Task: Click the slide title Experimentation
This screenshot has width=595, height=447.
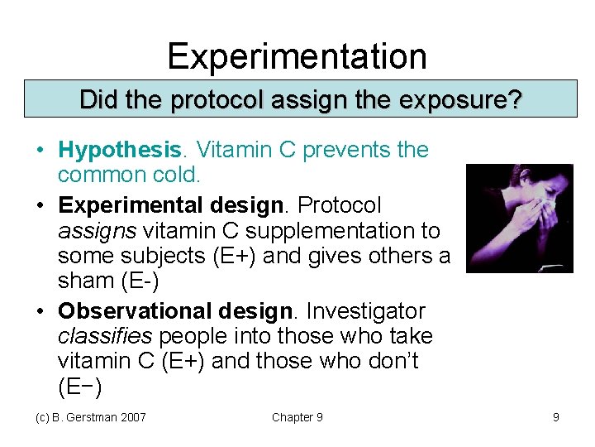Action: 297,56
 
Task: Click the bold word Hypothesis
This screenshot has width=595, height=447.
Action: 119,150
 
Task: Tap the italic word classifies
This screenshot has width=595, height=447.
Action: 106,336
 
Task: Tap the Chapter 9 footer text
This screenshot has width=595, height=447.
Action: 297,417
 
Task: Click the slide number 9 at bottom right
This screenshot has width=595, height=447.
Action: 556,417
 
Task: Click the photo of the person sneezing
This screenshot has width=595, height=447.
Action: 520,218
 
